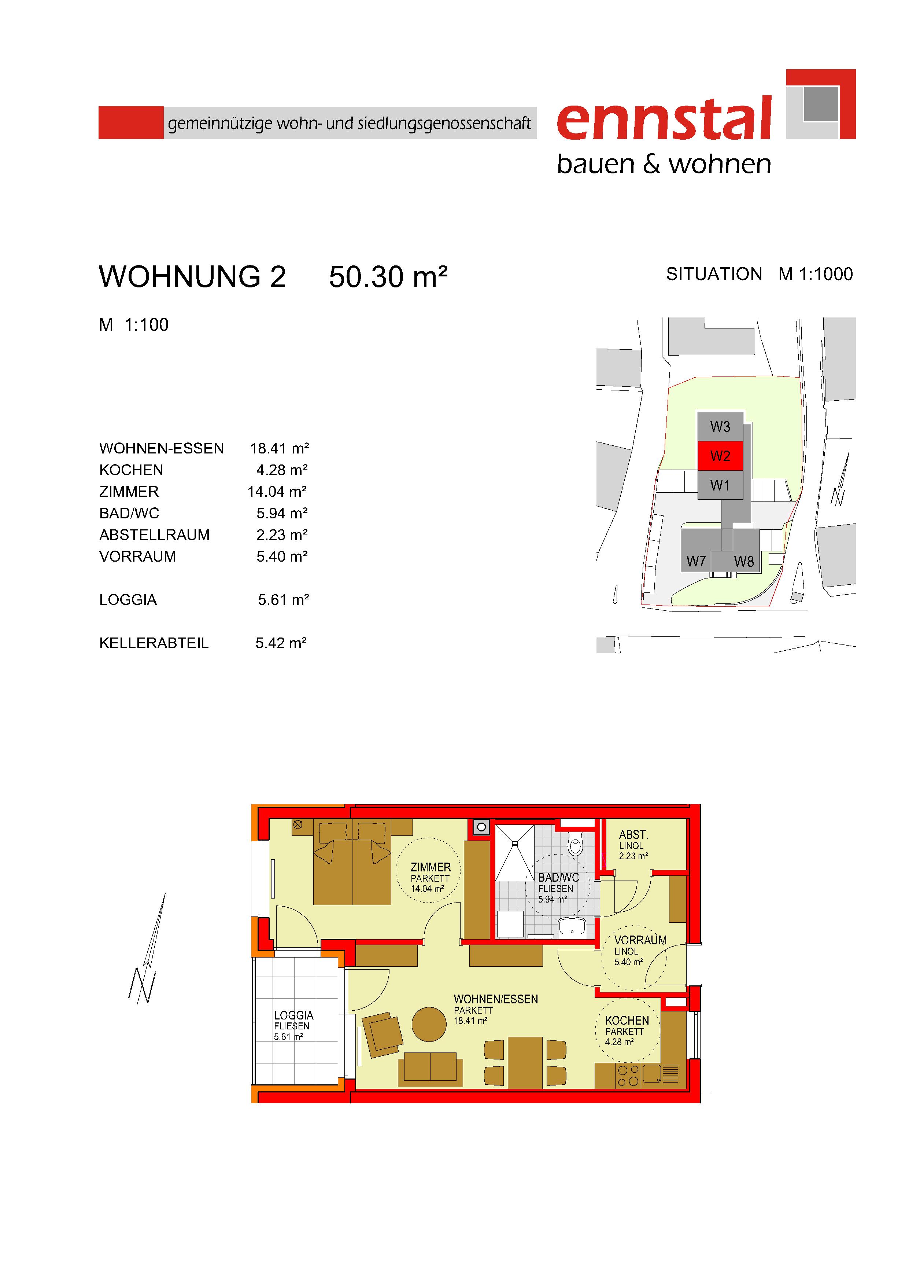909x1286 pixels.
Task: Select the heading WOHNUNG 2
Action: (x=193, y=277)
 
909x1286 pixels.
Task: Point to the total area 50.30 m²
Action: (x=388, y=277)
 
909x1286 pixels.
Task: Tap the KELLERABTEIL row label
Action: (x=154, y=643)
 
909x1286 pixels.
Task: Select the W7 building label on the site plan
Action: (x=696, y=561)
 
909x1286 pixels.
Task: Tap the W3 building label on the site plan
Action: (x=720, y=427)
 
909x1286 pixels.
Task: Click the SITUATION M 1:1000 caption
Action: (x=760, y=274)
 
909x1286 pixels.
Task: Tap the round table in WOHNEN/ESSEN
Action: (x=429, y=1024)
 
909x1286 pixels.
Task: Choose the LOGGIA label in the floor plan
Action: (x=293, y=1015)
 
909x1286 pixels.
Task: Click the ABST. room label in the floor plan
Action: (x=633, y=835)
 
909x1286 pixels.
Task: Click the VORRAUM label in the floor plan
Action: (x=640, y=940)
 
